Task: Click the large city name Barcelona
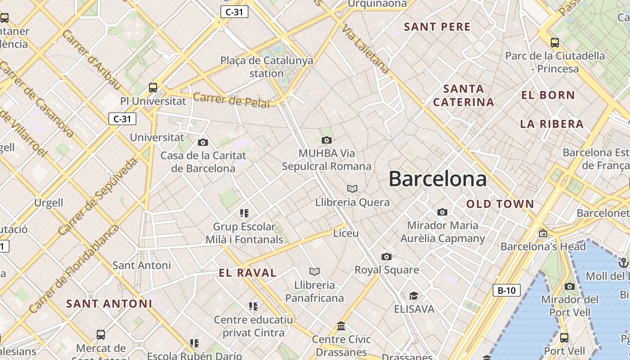pos(437,179)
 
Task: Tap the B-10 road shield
pos(506,290)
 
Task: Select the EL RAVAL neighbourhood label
pos(247,273)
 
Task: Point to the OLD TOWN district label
pos(500,204)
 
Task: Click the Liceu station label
pos(346,234)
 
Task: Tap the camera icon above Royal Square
pos(386,256)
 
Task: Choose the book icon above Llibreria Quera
pos(352,189)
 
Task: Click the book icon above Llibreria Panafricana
pos(314,271)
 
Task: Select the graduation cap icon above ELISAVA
pos(414,296)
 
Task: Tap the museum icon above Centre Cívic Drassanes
pos(341,326)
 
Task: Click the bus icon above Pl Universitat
pos(153,87)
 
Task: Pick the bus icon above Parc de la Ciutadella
pos(555,43)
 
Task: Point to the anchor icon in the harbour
pos(623,262)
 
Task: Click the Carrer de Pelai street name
pos(231,100)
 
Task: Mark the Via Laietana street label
pos(365,49)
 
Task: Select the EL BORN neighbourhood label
pos(548,95)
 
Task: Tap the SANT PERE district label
pos(437,27)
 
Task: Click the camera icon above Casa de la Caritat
pos(203,142)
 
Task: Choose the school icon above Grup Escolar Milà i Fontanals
pos(244,213)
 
